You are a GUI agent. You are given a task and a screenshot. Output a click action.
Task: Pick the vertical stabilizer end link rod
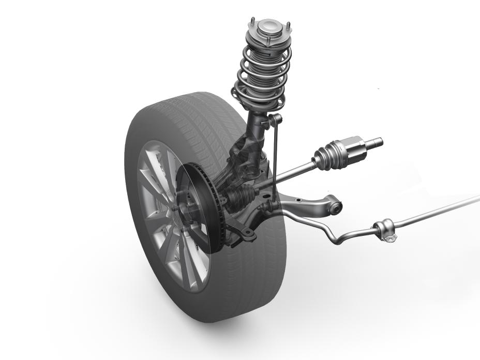(x=275, y=155)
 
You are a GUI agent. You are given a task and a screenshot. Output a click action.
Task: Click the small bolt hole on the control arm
(x=248, y=234)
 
